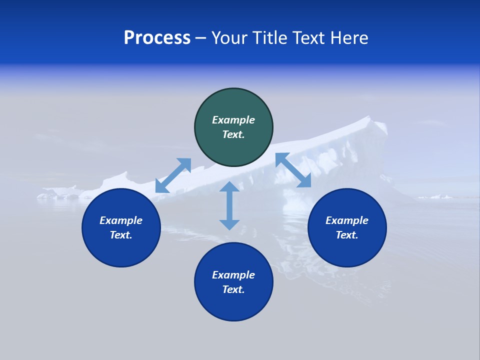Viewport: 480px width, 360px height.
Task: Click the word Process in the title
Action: (157, 38)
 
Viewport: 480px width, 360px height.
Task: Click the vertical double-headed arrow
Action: (229, 205)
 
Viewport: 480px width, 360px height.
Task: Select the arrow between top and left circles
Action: (173, 175)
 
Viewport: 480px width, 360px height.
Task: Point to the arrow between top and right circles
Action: (293, 170)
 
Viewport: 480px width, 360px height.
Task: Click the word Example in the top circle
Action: (233, 120)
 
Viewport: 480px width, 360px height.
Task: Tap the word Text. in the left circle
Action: (121, 235)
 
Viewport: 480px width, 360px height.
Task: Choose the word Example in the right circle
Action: (347, 220)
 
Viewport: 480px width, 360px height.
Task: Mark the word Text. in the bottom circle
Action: (233, 289)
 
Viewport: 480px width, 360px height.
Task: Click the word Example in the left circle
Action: (121, 220)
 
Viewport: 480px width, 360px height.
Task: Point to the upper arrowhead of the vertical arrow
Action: (229, 187)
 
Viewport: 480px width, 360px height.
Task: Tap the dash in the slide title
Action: (201, 38)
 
